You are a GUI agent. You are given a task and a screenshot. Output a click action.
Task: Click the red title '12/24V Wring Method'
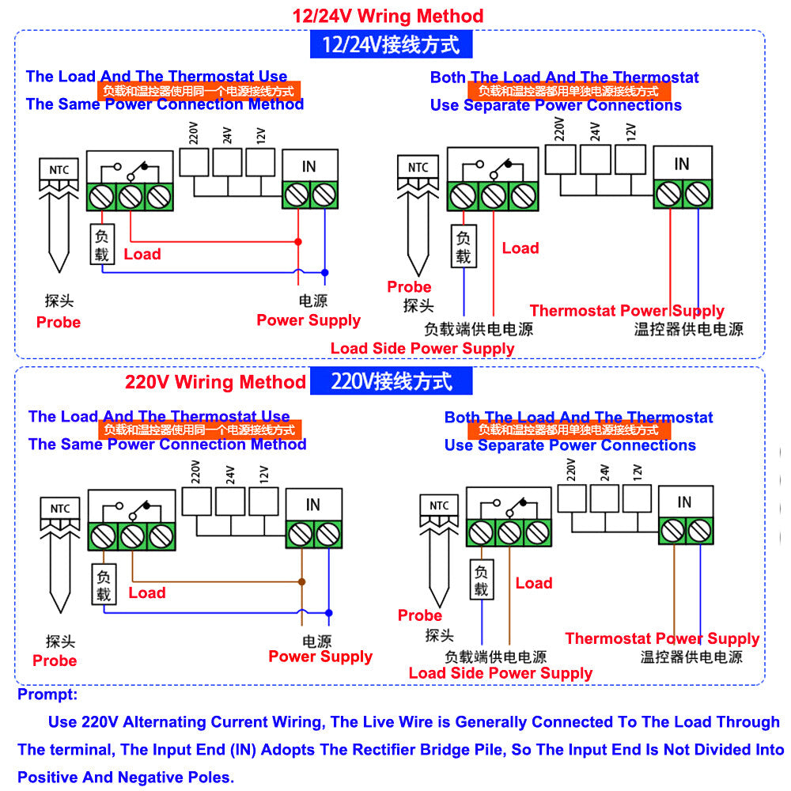coord(388,15)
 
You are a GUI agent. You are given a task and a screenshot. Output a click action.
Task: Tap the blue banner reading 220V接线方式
coord(392,381)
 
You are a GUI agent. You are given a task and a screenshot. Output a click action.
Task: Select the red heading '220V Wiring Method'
coord(215,382)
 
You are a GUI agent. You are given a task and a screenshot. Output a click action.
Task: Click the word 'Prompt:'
coord(47,694)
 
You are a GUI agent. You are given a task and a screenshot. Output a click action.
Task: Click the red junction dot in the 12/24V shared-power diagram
coord(298,241)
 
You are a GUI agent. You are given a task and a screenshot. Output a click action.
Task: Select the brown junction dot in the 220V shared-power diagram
coord(301,581)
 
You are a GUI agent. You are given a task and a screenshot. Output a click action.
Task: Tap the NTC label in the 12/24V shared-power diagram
coord(59,168)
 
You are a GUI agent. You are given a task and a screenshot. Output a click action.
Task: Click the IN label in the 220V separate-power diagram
coord(685,502)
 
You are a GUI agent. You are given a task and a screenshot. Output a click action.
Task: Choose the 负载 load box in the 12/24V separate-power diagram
coord(464,246)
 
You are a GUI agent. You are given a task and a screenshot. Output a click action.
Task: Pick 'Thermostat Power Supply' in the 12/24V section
coord(626,310)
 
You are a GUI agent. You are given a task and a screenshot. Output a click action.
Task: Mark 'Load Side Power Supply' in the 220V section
coord(500,672)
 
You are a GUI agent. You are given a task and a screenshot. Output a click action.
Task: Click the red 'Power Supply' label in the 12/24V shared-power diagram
coord(308,320)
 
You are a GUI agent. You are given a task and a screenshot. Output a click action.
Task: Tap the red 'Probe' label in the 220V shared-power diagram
coord(55,660)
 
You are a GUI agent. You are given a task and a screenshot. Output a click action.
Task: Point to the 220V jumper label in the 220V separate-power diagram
coord(571,471)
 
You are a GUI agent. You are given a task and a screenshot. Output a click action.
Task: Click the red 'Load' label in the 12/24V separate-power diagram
coord(520,248)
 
